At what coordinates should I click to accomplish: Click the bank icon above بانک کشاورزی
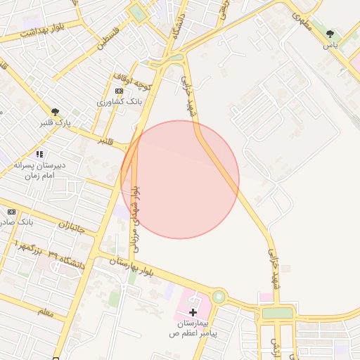119,91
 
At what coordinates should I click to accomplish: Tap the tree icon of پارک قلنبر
55,111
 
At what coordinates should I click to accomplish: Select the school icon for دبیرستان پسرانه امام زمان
39,154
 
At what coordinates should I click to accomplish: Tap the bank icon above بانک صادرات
11,212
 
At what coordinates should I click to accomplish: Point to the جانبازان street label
71,226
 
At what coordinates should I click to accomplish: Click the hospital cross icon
193,311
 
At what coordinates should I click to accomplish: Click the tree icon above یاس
330,34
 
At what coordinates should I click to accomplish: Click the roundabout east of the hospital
219,297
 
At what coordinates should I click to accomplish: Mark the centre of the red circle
180,179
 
